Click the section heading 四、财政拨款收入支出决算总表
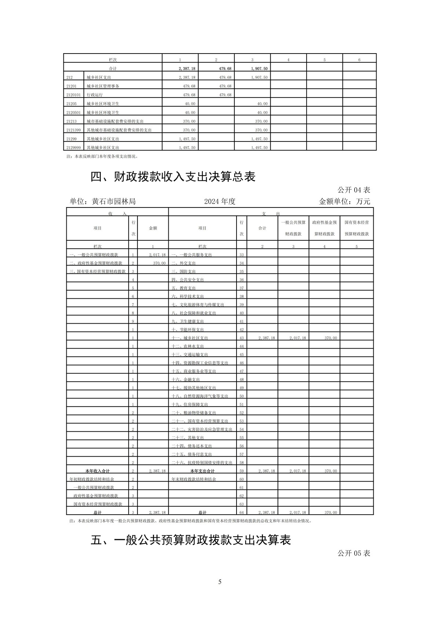[x=173, y=177]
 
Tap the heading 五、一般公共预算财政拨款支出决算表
[x=191, y=540]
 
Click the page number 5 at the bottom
[x=220, y=582]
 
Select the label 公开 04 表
[x=354, y=190]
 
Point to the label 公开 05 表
[x=354, y=553]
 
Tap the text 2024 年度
[x=220, y=201]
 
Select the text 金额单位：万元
[x=345, y=201]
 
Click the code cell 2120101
[x=73, y=95]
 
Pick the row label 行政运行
[x=95, y=95]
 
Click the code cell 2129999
[x=73, y=148]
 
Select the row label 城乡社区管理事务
[x=103, y=86]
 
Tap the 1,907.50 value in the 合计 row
[x=260, y=69]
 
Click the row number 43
[x=242, y=338]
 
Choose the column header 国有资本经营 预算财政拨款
[x=356, y=228]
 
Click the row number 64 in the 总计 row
[x=242, y=512]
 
